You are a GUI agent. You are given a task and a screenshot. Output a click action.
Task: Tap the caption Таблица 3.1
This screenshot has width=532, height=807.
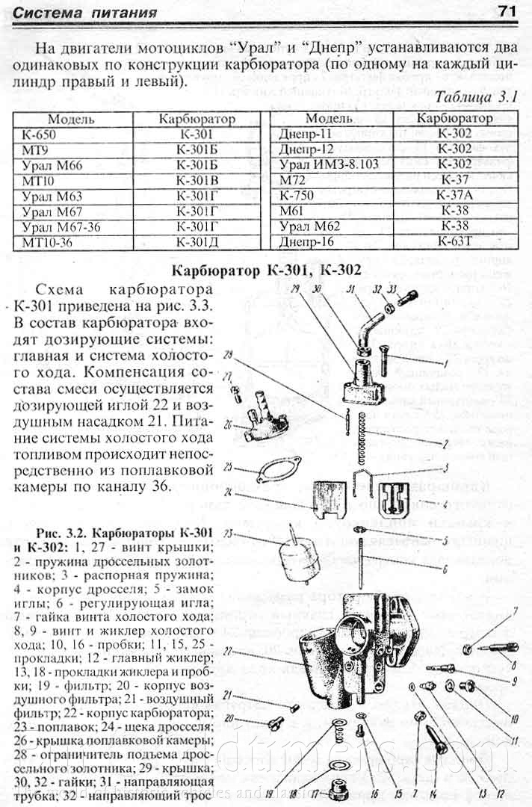pyautogui.click(x=475, y=98)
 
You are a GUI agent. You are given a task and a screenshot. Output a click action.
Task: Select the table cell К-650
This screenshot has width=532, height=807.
pyautogui.click(x=40, y=135)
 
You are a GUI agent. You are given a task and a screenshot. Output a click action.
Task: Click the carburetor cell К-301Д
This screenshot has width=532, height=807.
pyautogui.click(x=197, y=242)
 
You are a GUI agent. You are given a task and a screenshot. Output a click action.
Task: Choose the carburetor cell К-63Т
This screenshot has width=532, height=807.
pyautogui.click(x=454, y=242)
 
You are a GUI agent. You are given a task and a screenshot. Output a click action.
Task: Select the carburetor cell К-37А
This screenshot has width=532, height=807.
pyautogui.click(x=454, y=196)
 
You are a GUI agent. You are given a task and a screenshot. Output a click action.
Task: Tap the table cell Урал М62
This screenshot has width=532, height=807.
pyautogui.click(x=309, y=226)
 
